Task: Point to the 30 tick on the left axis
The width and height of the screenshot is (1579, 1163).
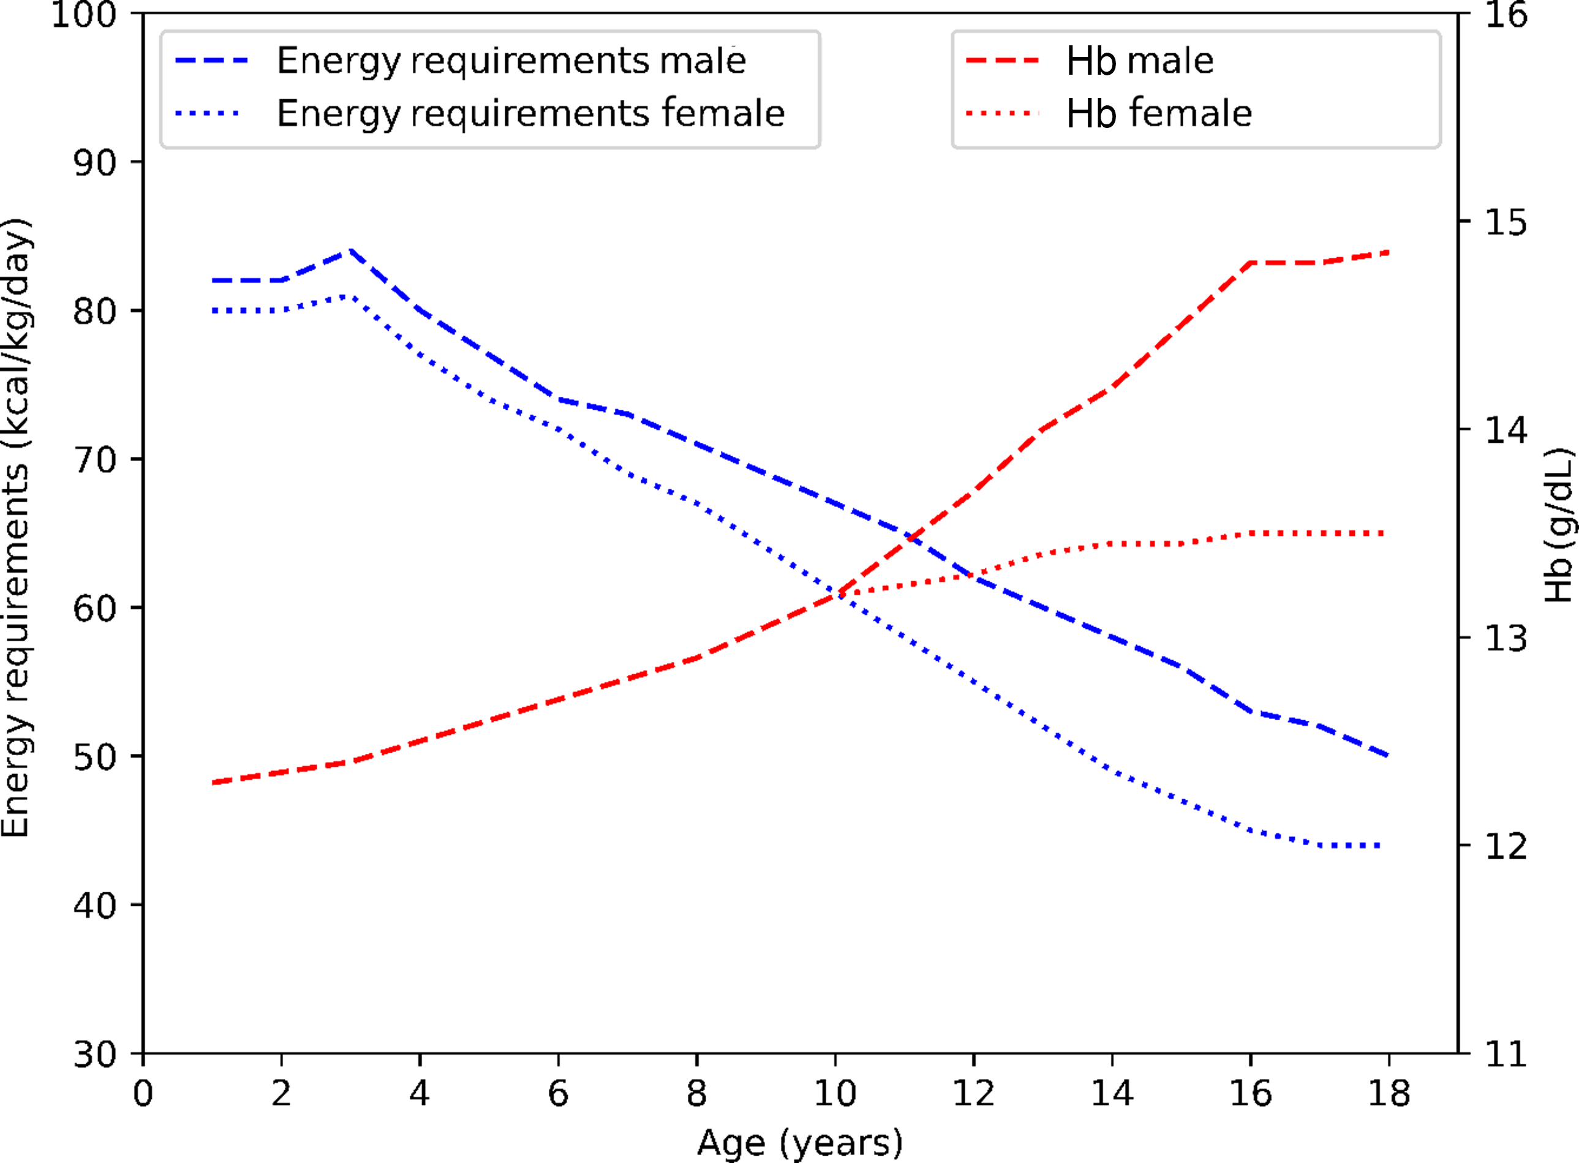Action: click(x=94, y=1055)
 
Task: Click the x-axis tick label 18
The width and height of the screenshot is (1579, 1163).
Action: click(x=1389, y=1094)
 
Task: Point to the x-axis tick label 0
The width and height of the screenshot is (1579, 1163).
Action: click(x=143, y=1094)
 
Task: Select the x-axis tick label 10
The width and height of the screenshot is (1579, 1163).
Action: click(x=835, y=1094)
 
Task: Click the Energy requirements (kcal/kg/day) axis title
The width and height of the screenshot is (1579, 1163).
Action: click(x=15, y=528)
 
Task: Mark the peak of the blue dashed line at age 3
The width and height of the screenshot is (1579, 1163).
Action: click(x=350, y=250)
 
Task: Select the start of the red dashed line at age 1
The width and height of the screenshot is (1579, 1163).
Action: click(x=213, y=783)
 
